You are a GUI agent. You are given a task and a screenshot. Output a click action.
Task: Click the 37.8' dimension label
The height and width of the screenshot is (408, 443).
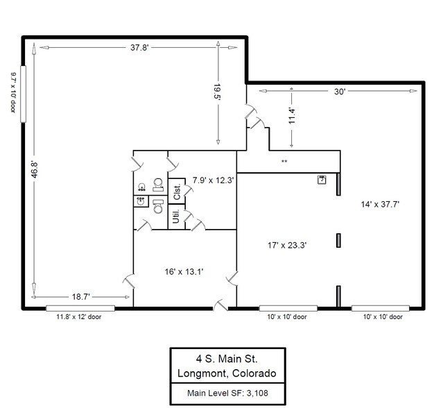click(139, 47)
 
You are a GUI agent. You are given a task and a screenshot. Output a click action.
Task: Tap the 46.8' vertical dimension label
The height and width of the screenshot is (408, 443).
click(35, 169)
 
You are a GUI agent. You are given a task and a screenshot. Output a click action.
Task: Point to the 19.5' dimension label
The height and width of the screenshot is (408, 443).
click(217, 92)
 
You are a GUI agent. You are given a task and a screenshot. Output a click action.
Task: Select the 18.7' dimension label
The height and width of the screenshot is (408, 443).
click(81, 296)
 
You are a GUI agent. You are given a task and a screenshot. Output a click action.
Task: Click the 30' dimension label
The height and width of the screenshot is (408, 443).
click(340, 92)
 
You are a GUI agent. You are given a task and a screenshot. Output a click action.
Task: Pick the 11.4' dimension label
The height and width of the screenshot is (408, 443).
click(292, 116)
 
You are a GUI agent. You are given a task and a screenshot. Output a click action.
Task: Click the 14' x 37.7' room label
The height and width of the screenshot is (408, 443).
click(380, 204)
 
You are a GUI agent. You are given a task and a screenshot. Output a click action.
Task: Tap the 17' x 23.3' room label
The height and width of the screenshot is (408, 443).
click(287, 245)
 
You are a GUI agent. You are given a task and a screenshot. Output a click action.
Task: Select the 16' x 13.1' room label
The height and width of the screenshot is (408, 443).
click(184, 272)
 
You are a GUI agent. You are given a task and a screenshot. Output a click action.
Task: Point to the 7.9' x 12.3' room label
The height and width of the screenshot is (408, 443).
click(213, 180)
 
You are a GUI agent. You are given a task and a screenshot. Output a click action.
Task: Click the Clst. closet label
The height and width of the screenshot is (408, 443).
click(177, 192)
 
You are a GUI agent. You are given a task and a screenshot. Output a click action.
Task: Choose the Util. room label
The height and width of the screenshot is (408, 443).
click(175, 216)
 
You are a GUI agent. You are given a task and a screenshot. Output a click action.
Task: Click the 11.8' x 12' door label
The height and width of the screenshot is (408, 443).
click(79, 317)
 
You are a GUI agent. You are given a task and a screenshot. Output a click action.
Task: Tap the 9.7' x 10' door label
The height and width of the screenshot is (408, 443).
click(13, 92)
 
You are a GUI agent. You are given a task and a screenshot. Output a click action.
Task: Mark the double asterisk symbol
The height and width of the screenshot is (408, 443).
click(284, 162)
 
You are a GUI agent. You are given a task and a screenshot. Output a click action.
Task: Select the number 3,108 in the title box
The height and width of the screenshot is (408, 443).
click(257, 393)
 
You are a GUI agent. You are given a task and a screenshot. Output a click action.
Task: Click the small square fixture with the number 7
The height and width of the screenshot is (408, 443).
click(322, 180)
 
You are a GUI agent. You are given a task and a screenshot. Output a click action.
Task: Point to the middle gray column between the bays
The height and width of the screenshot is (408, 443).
click(338, 240)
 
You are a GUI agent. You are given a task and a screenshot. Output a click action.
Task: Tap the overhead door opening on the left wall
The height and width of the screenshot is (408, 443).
click(23, 94)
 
